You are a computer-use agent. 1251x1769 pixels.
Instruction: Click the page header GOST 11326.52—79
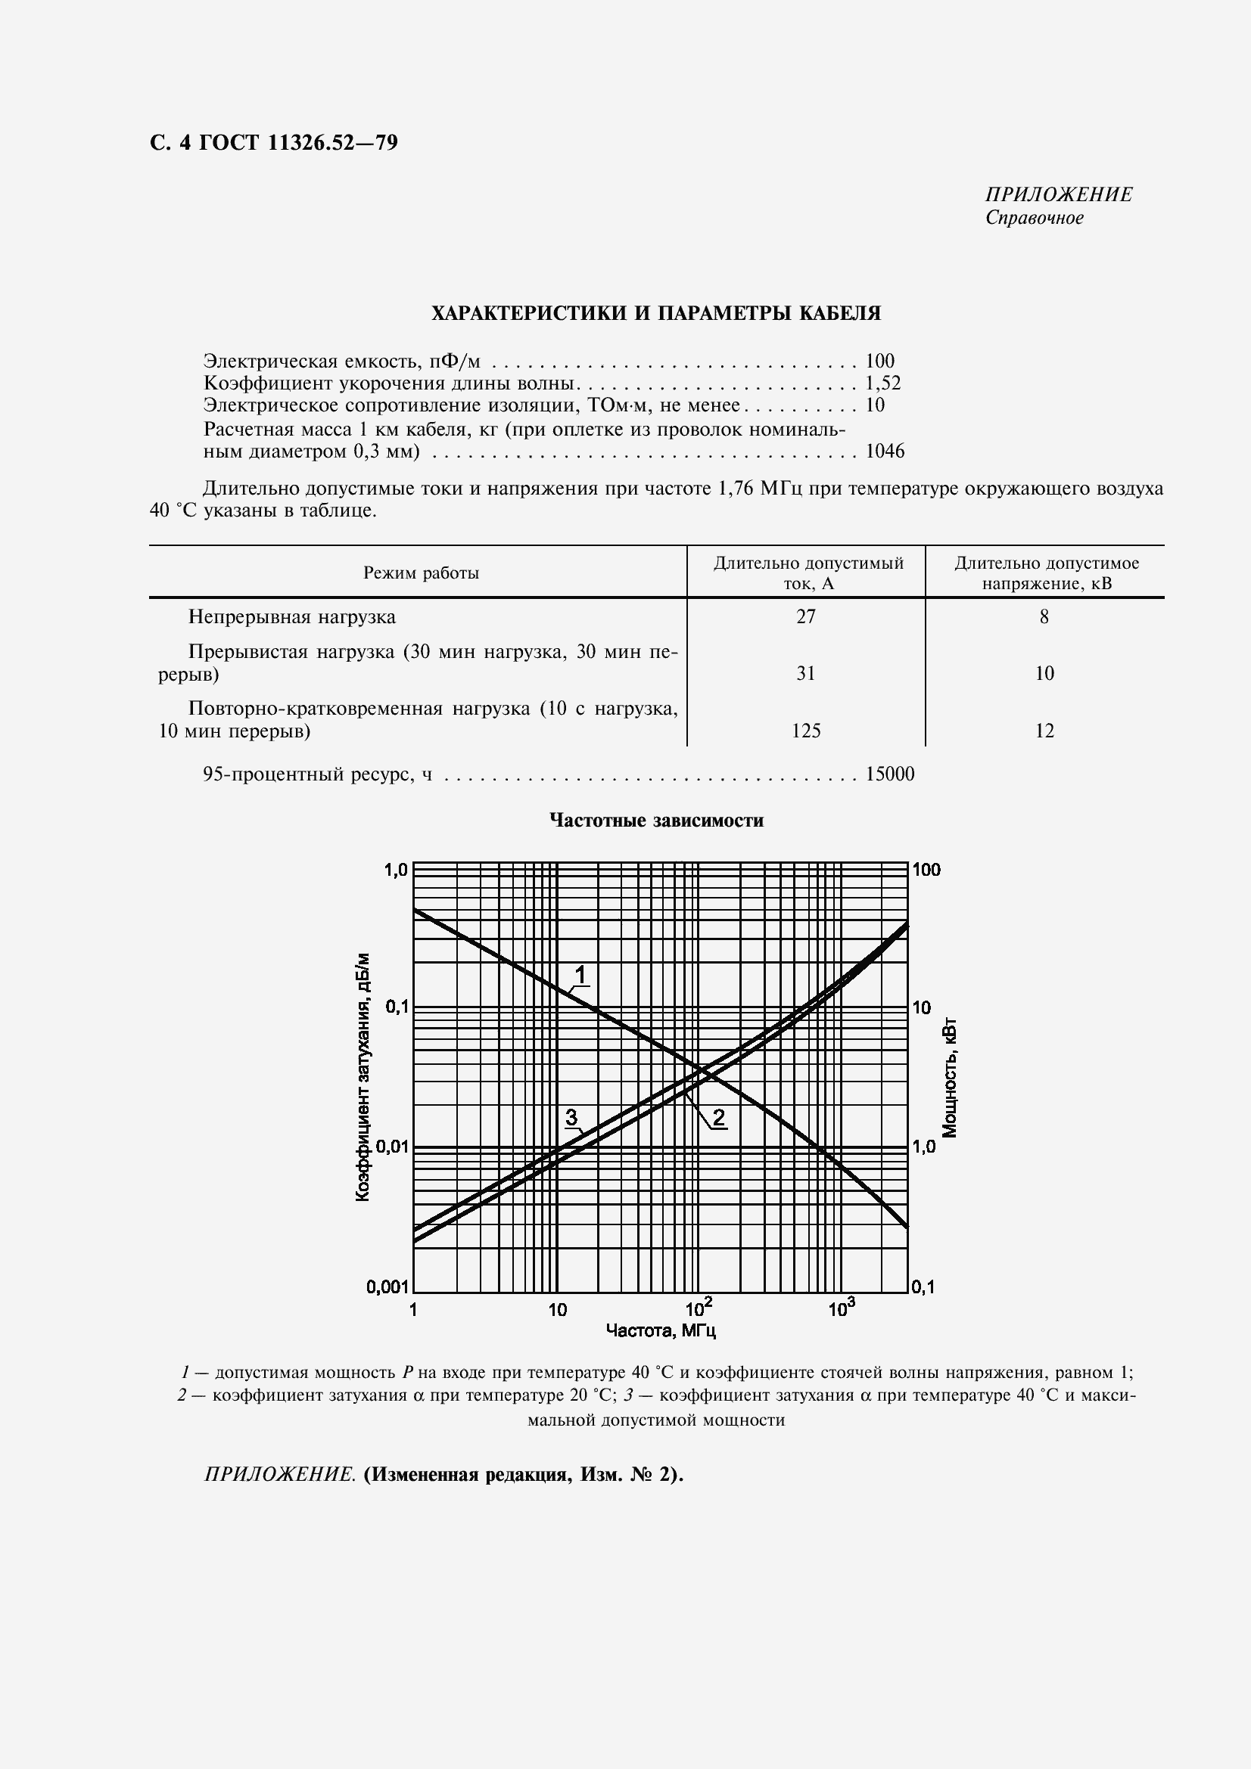(274, 142)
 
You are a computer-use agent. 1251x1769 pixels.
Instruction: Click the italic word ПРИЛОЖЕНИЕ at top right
(1058, 194)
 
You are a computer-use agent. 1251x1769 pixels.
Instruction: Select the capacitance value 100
(879, 361)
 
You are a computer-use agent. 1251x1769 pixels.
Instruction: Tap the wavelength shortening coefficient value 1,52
(882, 383)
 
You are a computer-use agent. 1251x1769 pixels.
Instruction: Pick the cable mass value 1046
(884, 452)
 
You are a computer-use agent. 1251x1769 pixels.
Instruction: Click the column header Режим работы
(421, 573)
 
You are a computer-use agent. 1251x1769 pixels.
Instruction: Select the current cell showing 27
(805, 616)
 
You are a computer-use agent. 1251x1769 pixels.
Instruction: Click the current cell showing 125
(805, 731)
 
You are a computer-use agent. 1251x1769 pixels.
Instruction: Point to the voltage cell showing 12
(1044, 731)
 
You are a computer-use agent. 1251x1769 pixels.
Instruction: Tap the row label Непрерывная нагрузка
(292, 616)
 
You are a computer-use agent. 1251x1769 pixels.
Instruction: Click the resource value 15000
(889, 774)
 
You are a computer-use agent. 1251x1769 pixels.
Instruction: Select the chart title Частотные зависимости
(656, 821)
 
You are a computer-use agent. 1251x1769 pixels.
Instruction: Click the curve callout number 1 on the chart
(581, 976)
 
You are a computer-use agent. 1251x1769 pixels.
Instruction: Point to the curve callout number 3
(571, 1116)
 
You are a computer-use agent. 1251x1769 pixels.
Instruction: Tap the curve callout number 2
(718, 1117)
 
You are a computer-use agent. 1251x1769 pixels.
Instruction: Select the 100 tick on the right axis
(926, 870)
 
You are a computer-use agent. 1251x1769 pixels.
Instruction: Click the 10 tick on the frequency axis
(556, 1309)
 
